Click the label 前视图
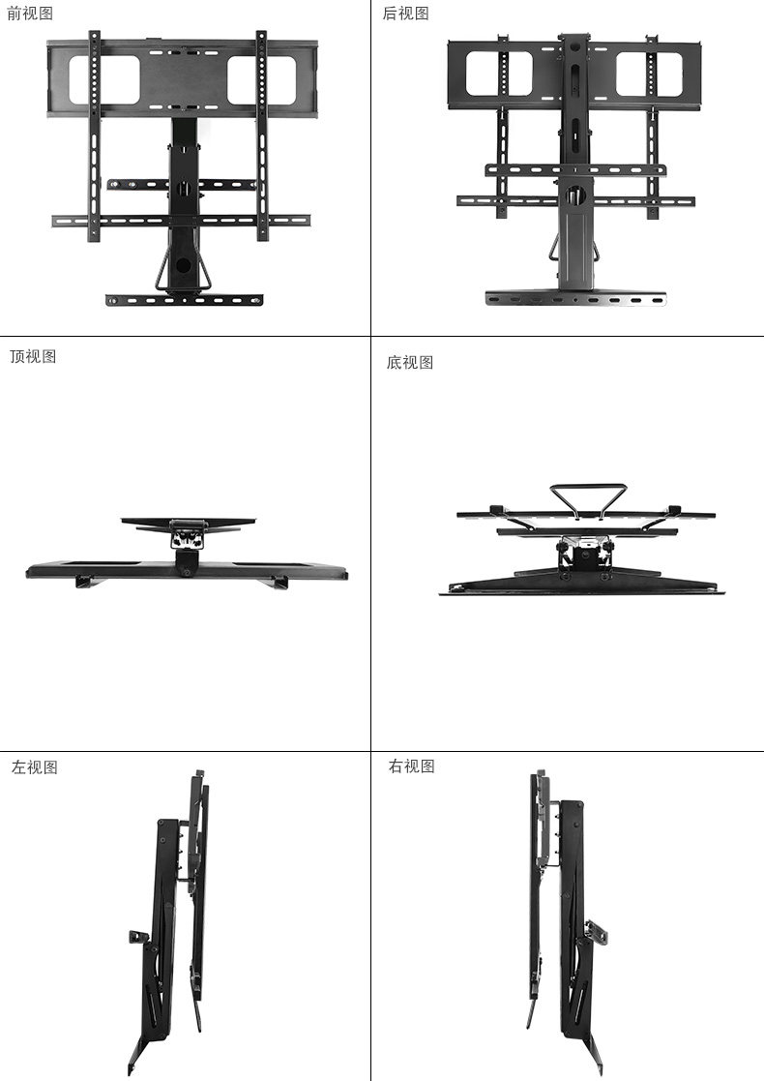(30, 14)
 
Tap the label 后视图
(406, 14)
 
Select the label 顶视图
(33, 356)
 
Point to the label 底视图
(410, 362)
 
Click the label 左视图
(35, 767)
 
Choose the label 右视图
(412, 766)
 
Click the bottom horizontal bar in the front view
(184, 299)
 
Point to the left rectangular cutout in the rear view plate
(498, 74)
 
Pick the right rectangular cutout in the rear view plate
(645, 74)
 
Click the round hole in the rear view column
(574, 194)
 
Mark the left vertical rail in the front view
(94, 135)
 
